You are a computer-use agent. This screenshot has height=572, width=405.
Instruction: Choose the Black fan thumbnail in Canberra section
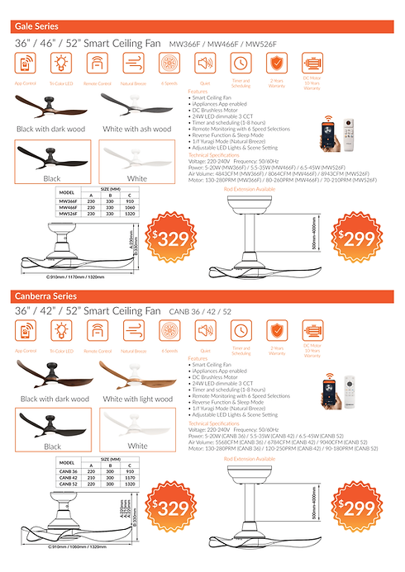point(51,427)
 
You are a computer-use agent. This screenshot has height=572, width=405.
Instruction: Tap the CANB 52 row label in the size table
point(67,482)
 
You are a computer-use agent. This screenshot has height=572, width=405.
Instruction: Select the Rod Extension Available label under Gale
point(250,189)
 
